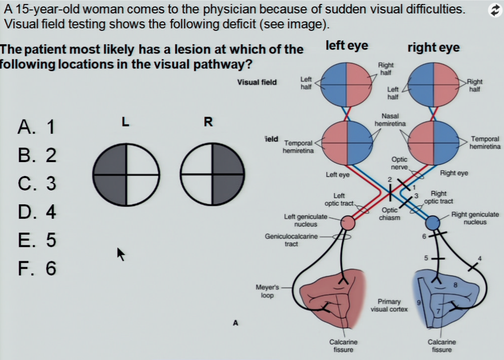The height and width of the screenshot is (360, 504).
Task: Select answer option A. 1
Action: tap(36, 126)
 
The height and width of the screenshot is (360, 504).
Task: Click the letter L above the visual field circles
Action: tap(126, 121)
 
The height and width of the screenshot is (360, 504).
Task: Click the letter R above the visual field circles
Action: tap(208, 122)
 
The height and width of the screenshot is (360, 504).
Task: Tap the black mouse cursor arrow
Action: tap(121, 254)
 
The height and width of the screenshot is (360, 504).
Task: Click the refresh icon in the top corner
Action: tap(495, 10)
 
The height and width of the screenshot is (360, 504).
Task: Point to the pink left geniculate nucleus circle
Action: tap(348, 223)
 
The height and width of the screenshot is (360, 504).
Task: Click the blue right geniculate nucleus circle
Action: tap(433, 223)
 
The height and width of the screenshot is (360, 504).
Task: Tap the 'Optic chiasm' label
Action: tap(389, 214)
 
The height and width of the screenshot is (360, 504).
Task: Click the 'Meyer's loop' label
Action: tap(267, 291)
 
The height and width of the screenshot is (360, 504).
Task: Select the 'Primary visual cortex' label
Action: tap(389, 305)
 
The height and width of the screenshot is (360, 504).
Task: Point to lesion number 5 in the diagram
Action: tap(426, 258)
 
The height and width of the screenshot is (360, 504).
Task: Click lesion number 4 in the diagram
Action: tap(480, 258)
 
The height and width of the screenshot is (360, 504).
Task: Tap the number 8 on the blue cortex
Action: tap(455, 285)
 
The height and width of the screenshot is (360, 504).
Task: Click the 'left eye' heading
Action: tap(347, 45)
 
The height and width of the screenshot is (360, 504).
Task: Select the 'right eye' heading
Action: tap(434, 48)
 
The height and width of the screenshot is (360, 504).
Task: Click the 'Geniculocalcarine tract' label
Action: tap(291, 240)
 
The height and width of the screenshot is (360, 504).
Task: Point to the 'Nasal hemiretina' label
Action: tap(390, 120)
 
